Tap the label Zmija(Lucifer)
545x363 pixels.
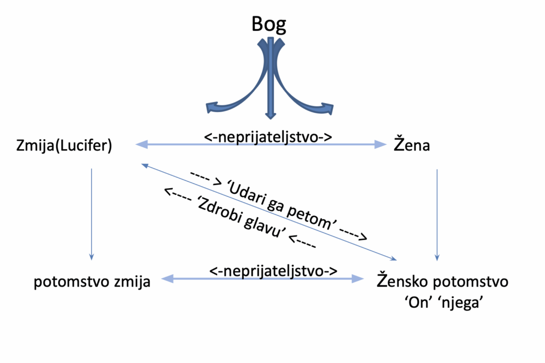(64, 145)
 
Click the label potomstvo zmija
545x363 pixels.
(92, 282)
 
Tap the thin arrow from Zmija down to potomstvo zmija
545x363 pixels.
(92, 213)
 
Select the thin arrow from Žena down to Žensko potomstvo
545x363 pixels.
(437, 213)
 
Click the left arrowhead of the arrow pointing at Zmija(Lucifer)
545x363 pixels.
(142, 144)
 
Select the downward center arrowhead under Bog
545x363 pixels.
(271, 114)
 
